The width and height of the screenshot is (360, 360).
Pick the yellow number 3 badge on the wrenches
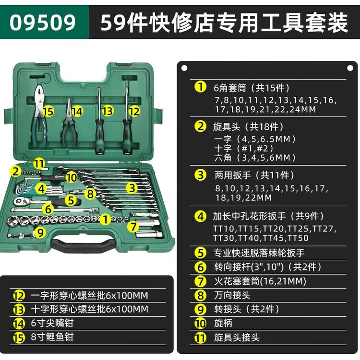click(132, 188)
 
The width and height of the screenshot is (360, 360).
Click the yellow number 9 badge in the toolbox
click(41, 233)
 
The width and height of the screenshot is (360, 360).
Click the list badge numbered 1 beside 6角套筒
click(200, 88)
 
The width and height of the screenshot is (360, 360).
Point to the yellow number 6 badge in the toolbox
click(47, 209)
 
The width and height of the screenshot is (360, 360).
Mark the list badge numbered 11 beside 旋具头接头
click(200, 337)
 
